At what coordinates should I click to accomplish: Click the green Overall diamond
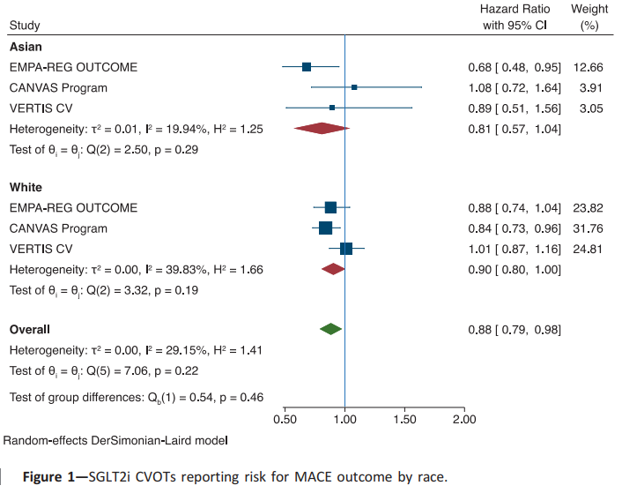click(x=330, y=329)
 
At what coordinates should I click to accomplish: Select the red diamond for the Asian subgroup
click(x=322, y=129)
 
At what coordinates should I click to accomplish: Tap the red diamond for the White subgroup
click(x=333, y=269)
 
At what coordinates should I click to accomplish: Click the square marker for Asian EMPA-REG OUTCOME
click(x=307, y=67)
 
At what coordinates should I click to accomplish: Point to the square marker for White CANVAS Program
click(x=325, y=228)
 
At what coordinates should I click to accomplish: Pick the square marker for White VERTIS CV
click(x=346, y=249)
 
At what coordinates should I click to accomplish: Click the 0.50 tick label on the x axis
click(x=285, y=419)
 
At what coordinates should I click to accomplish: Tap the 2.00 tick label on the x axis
click(x=463, y=419)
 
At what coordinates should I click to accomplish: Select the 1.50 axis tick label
click(x=404, y=419)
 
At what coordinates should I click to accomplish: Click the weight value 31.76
click(x=587, y=228)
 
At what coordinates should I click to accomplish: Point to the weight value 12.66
click(x=587, y=67)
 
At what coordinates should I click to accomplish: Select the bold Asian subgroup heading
click(x=26, y=46)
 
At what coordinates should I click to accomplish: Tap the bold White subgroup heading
click(x=26, y=187)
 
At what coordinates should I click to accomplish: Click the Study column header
click(x=26, y=26)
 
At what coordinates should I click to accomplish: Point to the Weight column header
click(x=589, y=9)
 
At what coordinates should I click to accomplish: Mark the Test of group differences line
click(x=137, y=398)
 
